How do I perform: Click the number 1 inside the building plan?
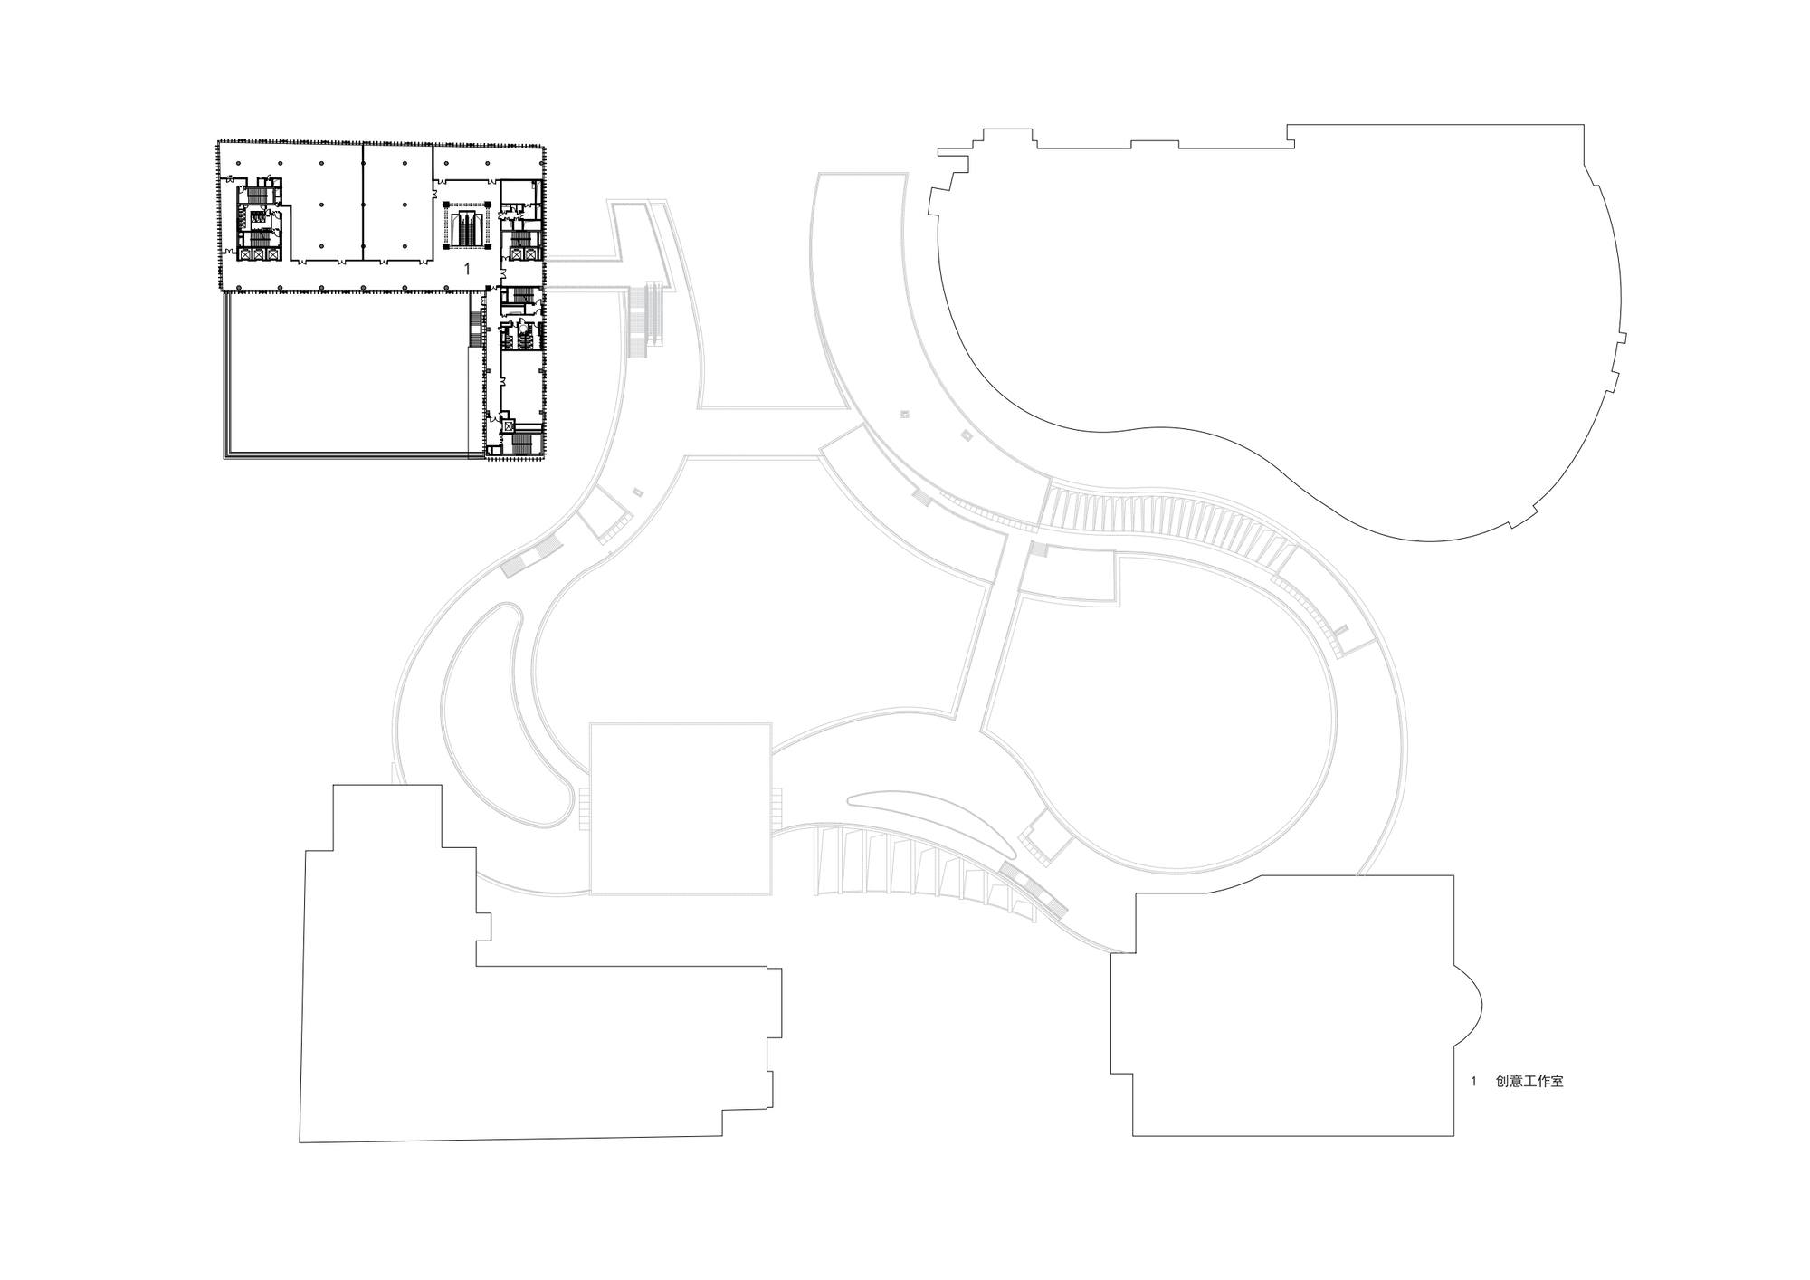point(467,269)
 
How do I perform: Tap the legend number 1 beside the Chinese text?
point(1474,1081)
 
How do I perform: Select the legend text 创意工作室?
point(1529,1081)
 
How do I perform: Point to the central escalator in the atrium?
point(466,225)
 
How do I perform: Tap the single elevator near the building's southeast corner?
point(510,425)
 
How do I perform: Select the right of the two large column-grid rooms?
point(398,205)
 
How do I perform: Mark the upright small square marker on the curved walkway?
point(904,415)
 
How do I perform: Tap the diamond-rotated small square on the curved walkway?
point(965,437)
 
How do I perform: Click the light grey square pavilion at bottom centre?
point(681,808)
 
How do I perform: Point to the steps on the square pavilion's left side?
point(584,807)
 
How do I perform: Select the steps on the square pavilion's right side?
point(776,807)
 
